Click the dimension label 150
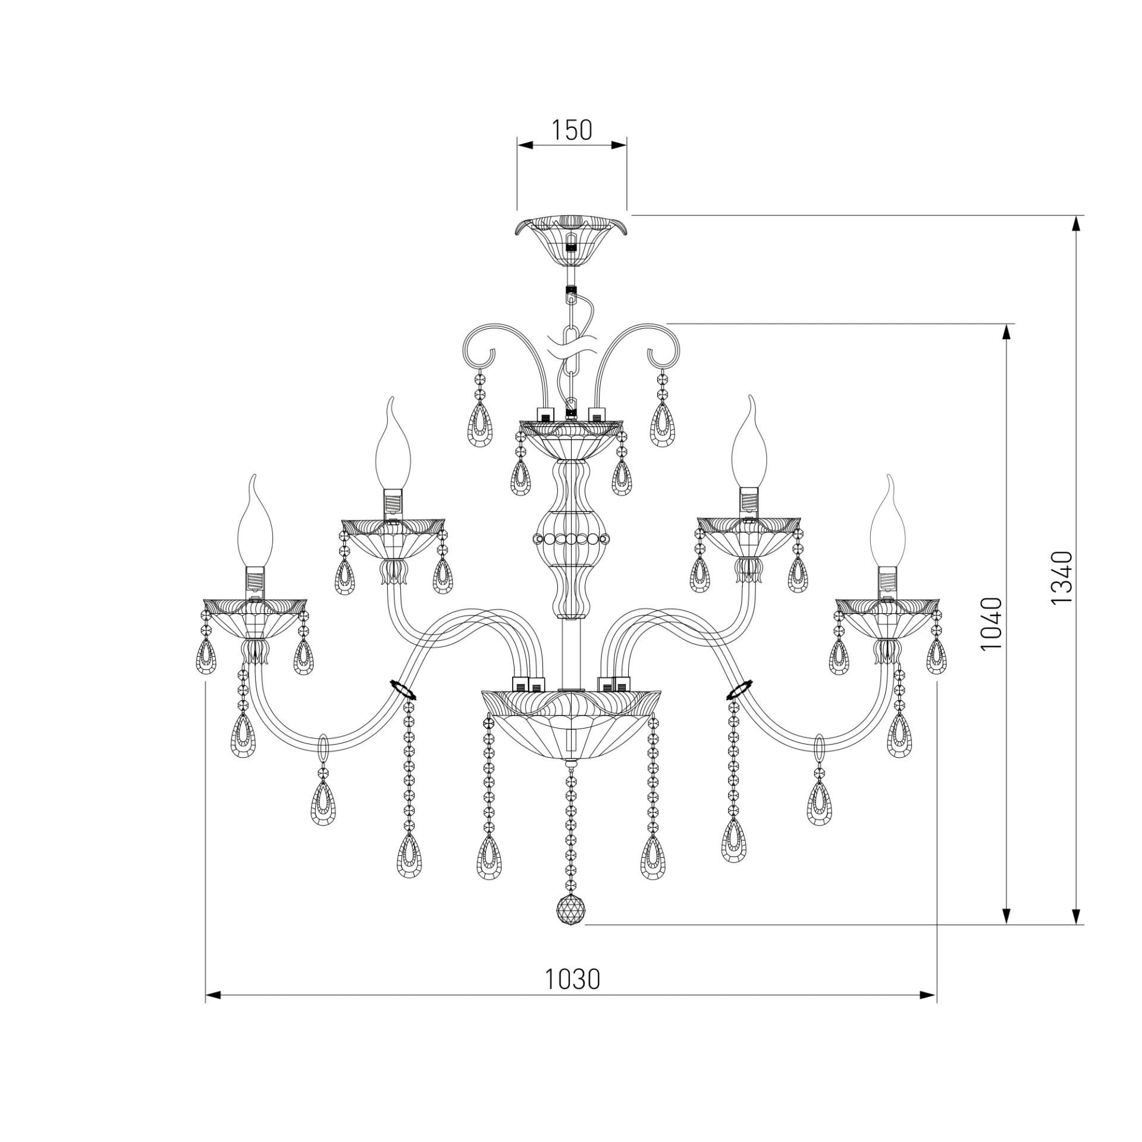[x=572, y=130]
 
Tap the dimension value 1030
[x=573, y=979]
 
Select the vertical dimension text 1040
[x=992, y=624]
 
